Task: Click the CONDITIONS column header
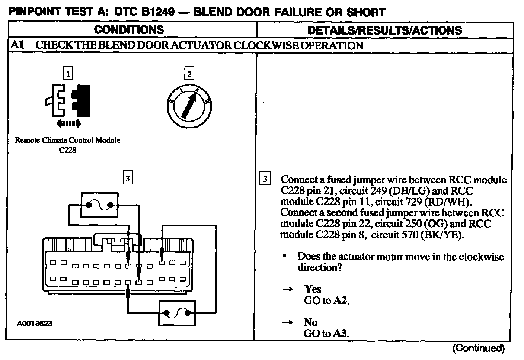[x=129, y=30]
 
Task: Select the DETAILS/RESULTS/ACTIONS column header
[x=385, y=30]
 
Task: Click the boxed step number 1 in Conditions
[x=68, y=73]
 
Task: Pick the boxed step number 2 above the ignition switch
[x=189, y=74]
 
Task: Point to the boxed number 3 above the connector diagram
[x=128, y=179]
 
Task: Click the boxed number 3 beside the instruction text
[x=265, y=179]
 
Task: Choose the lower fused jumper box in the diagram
[x=177, y=313]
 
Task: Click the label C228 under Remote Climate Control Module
[x=68, y=151]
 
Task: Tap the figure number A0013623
[x=35, y=324]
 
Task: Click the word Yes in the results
[x=313, y=289]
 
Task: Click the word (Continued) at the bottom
[x=479, y=348]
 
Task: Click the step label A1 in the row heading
[x=17, y=45]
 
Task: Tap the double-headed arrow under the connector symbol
[x=67, y=123]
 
